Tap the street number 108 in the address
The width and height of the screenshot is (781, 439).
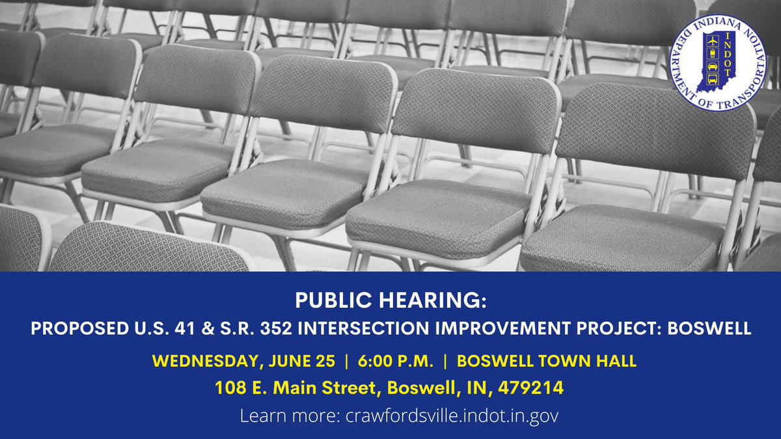(x=231, y=388)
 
